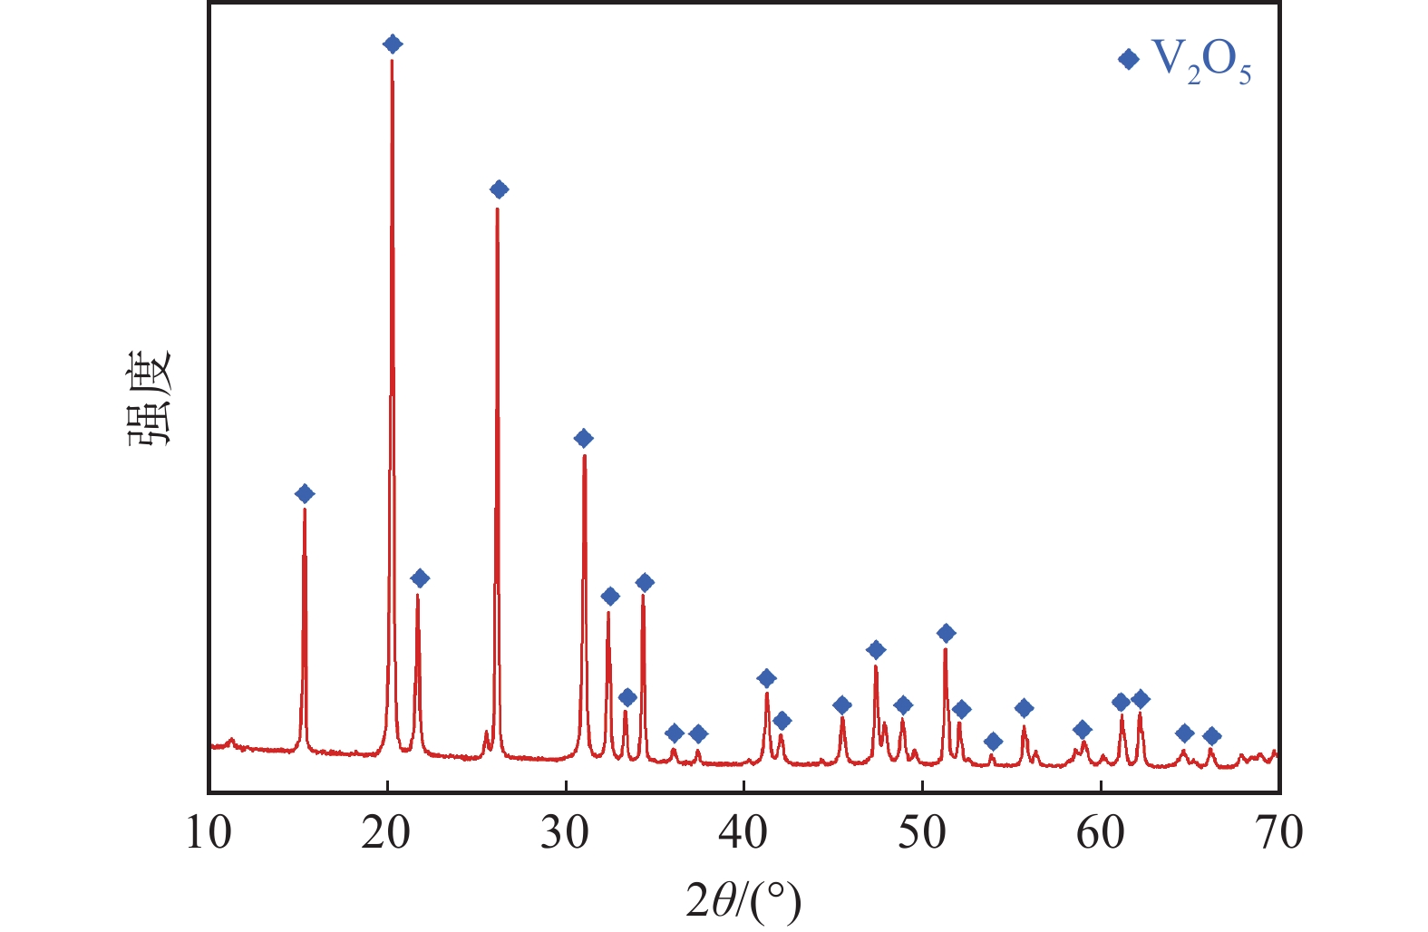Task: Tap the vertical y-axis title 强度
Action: pyautogui.click(x=148, y=399)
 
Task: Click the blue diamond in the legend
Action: pyautogui.click(x=1129, y=59)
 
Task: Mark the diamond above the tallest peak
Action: pyautogui.click(x=393, y=44)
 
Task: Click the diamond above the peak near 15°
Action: pyautogui.click(x=305, y=493)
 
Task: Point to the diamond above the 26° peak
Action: pyautogui.click(x=499, y=189)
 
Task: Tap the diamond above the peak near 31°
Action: pyautogui.click(x=584, y=438)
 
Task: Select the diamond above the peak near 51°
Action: pyautogui.click(x=946, y=633)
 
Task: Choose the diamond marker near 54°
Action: pyautogui.click(x=993, y=742)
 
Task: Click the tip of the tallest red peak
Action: pyautogui.click(x=392, y=61)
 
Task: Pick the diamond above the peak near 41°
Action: pyautogui.click(x=766, y=678)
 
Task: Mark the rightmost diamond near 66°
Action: pyautogui.click(x=1211, y=736)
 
